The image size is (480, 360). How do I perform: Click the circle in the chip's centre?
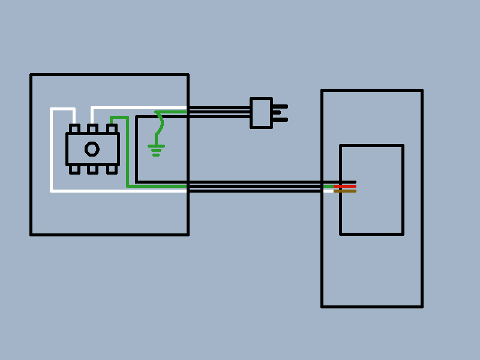(x=92, y=149)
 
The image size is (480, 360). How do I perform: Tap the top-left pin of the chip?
(x=74, y=128)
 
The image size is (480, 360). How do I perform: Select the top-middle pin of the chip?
(x=92, y=128)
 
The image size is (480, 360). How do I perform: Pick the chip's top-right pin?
(x=112, y=128)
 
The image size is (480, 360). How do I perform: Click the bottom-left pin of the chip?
(x=74, y=170)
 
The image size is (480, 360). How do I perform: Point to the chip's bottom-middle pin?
(x=92, y=170)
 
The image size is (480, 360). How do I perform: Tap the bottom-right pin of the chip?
(x=112, y=170)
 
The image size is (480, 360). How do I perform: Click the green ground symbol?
(x=156, y=149)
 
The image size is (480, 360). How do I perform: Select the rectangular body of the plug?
(x=261, y=113)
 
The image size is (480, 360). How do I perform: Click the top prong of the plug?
(x=280, y=106)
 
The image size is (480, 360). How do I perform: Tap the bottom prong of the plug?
(x=280, y=120)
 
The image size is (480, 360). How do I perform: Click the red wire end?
(x=345, y=186)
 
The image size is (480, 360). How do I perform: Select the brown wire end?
(x=345, y=191)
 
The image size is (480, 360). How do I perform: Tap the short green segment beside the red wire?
(x=328, y=186)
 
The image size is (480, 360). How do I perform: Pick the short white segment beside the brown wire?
(x=328, y=191)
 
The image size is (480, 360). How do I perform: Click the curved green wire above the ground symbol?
(x=160, y=124)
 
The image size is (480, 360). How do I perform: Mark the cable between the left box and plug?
(x=219, y=112)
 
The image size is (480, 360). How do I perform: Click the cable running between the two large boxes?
(x=255, y=186)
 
